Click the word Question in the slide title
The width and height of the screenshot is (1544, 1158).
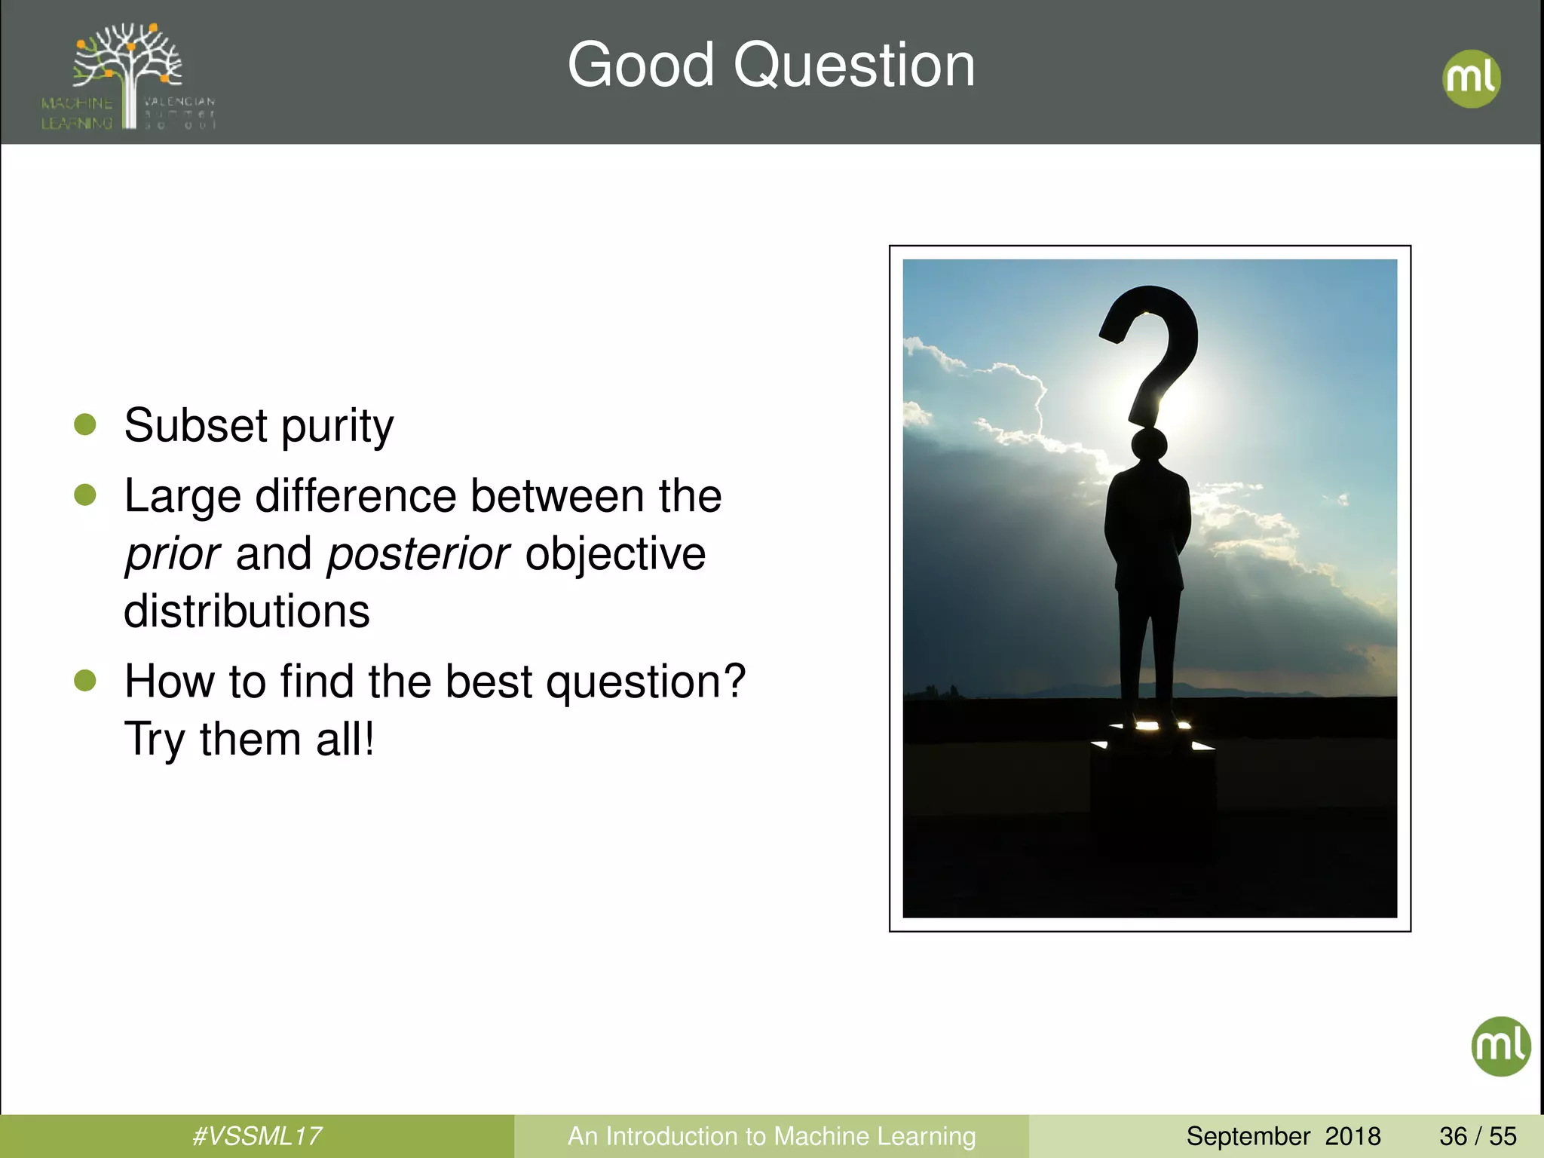pyautogui.click(x=854, y=66)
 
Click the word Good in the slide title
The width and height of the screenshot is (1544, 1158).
pyautogui.click(x=641, y=65)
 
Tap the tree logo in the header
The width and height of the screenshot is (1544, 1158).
pyautogui.click(x=128, y=75)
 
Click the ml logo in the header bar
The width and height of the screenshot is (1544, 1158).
pyautogui.click(x=1471, y=78)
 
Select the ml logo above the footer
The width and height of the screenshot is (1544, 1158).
pyautogui.click(x=1500, y=1046)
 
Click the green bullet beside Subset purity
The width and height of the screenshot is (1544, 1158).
pyautogui.click(x=85, y=424)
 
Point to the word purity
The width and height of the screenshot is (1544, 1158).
pyautogui.click(x=337, y=427)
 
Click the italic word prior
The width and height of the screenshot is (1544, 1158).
pyautogui.click(x=172, y=554)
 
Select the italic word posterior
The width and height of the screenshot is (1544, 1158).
pyautogui.click(x=418, y=554)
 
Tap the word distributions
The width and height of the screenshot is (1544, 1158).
pyautogui.click(x=247, y=611)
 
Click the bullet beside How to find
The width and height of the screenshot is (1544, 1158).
pyautogui.click(x=85, y=681)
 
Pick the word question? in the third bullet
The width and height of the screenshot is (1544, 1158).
pyautogui.click(x=645, y=682)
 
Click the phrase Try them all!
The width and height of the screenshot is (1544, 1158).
pyautogui.click(x=249, y=739)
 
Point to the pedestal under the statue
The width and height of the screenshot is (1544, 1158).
pyautogui.click(x=1152, y=784)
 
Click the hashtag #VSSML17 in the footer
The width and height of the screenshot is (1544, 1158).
pyautogui.click(x=257, y=1136)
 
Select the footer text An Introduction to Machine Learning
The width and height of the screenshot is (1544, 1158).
pyautogui.click(x=771, y=1136)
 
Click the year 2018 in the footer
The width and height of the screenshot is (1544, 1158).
pyautogui.click(x=1353, y=1136)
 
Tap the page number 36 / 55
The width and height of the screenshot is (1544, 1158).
pyautogui.click(x=1478, y=1136)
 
